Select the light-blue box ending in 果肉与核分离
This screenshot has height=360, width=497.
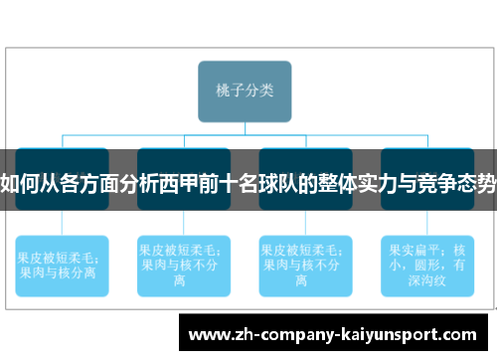click(x=62, y=264)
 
